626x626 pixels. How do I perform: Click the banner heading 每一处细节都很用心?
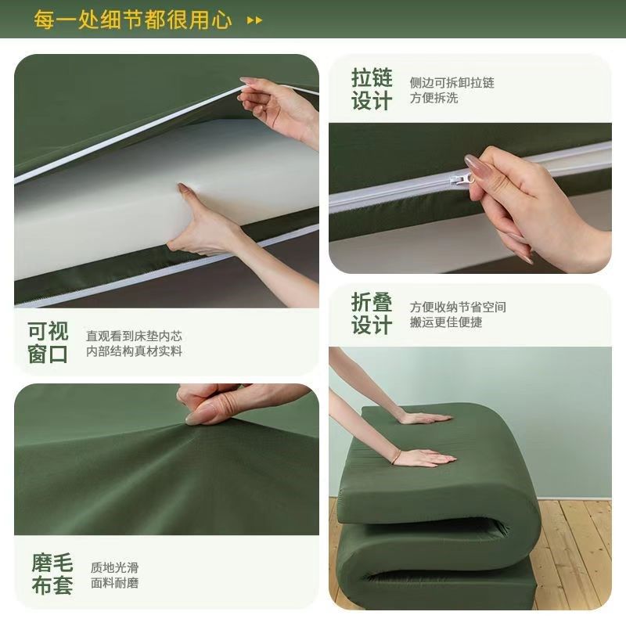point(132,19)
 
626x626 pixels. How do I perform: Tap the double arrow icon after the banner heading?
point(255,20)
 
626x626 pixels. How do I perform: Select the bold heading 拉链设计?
point(371,90)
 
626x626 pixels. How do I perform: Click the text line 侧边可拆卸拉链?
point(452,82)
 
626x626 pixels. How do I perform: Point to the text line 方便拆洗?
point(434,99)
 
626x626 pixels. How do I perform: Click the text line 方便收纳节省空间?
point(458,307)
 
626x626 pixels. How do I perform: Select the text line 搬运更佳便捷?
point(446,322)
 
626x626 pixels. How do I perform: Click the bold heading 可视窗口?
point(49,343)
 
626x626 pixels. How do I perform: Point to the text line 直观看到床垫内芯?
point(135,335)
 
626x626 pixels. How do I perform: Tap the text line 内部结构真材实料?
point(135,351)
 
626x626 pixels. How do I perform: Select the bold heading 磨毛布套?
point(52,574)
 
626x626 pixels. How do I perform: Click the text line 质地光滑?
point(114,567)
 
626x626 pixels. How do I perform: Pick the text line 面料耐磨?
point(114,583)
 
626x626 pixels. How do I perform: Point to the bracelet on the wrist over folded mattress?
point(396,456)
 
